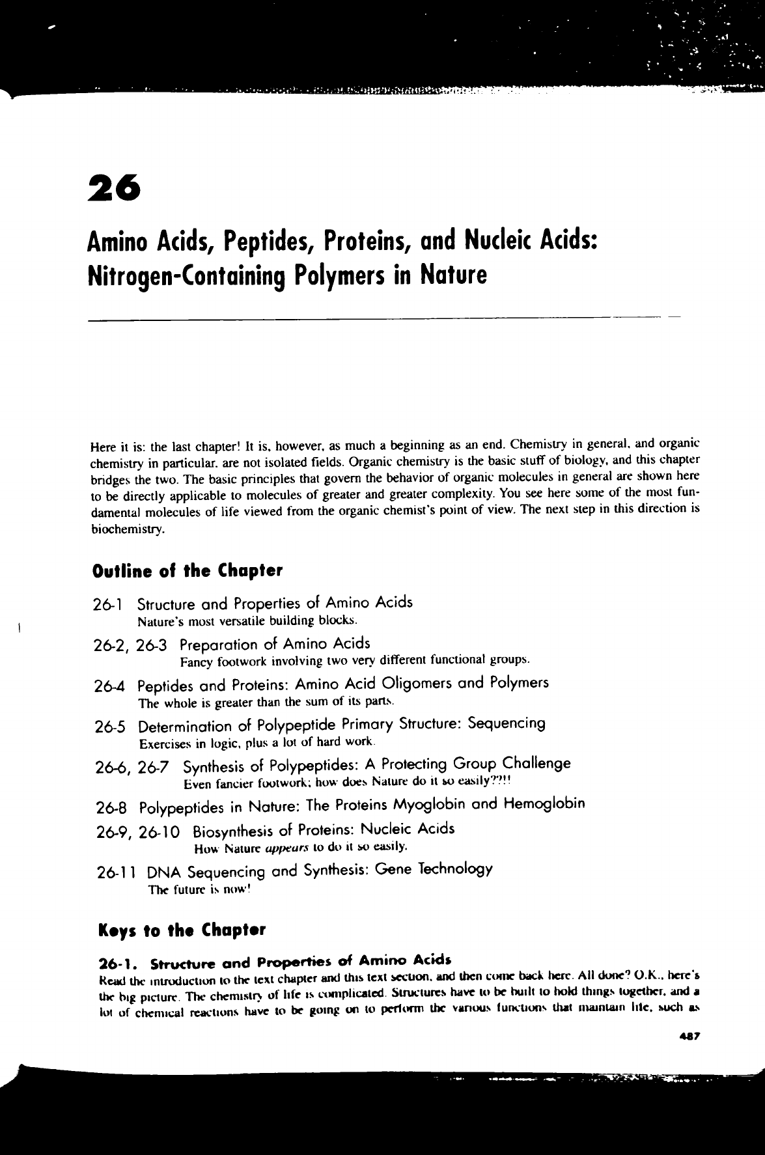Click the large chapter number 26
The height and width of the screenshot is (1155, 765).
click(114, 189)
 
